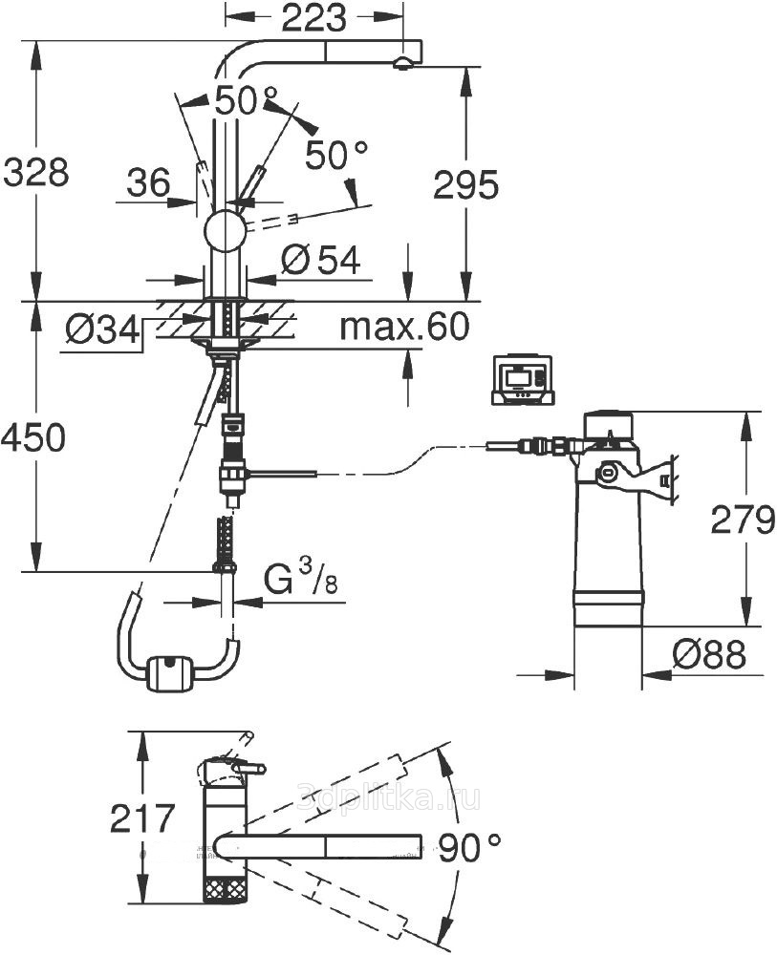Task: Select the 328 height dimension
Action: [x=35, y=174]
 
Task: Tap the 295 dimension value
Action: [x=465, y=185]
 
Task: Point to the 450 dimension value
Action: [x=33, y=438]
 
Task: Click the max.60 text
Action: [x=405, y=328]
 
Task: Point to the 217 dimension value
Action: [x=142, y=817]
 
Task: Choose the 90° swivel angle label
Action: [x=470, y=845]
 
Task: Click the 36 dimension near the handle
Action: [x=148, y=180]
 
